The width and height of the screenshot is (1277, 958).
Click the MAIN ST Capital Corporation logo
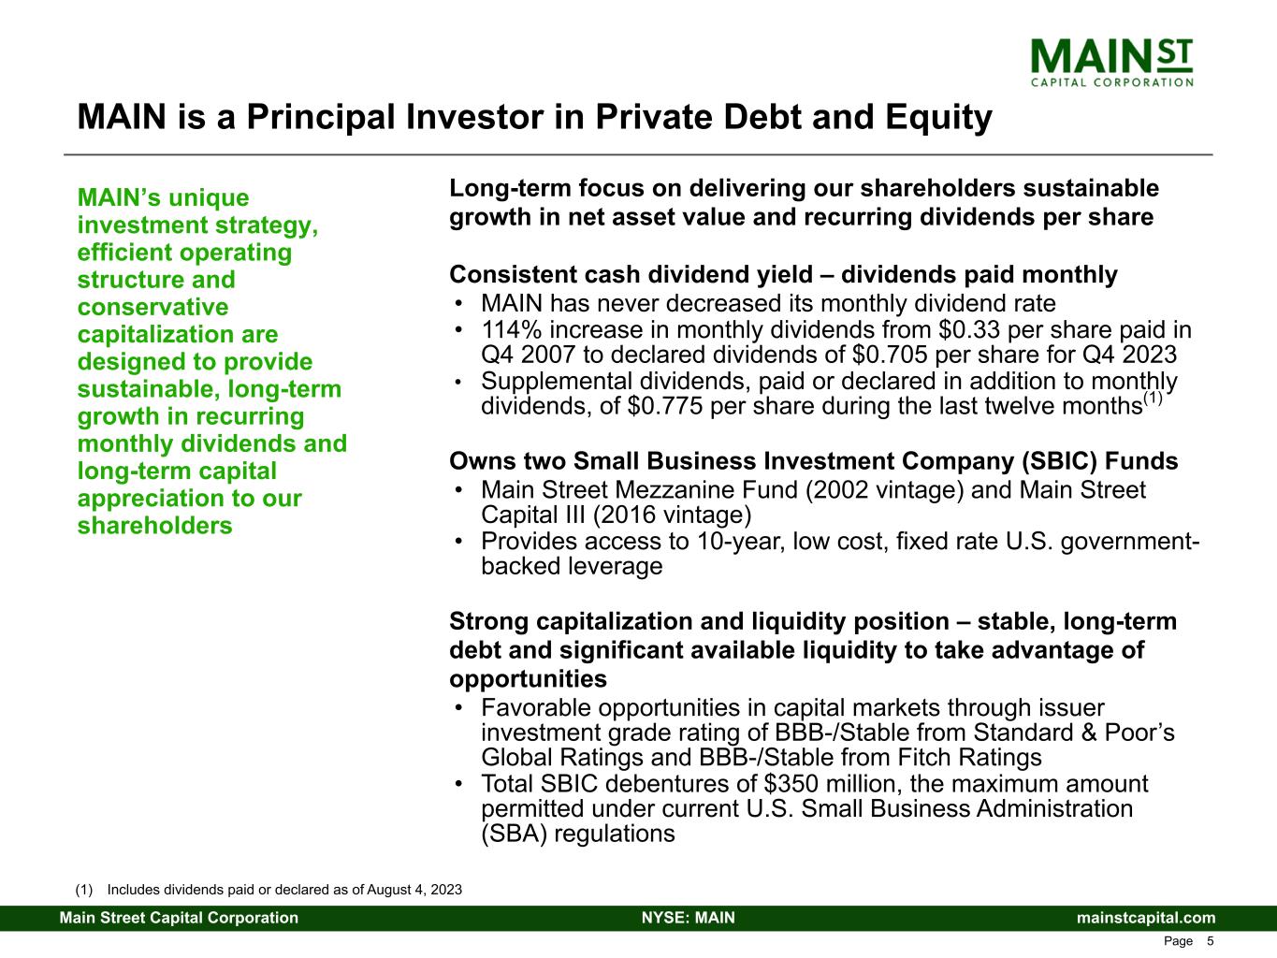tap(1111, 63)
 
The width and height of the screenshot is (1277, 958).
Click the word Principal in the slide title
tap(322, 118)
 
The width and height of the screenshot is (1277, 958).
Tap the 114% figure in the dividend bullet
tap(512, 330)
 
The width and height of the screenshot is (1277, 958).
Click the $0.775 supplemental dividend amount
tap(665, 406)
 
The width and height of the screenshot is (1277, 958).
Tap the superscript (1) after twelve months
tap(1153, 398)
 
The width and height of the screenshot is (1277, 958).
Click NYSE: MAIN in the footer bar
tap(689, 918)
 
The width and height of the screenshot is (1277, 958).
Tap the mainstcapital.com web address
tap(1146, 918)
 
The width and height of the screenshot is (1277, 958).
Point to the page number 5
tap(1210, 941)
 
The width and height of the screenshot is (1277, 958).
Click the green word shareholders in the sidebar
tap(154, 526)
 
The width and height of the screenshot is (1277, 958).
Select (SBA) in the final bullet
tap(515, 835)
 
